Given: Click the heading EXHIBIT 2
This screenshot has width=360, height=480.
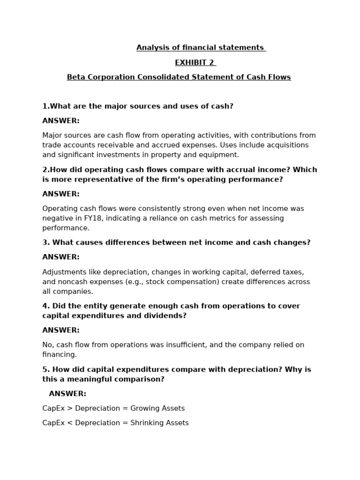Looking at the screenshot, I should [195, 62].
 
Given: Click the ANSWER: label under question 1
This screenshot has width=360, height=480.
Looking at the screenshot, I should [61, 120].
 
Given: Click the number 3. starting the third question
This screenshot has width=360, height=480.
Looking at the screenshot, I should [46, 242].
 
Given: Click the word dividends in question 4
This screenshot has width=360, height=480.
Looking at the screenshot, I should [165, 315].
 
